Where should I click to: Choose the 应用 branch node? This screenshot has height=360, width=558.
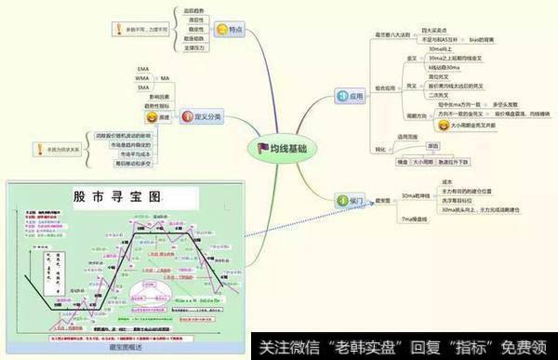click(351, 94)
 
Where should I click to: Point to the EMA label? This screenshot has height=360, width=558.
click(142, 69)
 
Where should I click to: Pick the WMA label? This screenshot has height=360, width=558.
click(142, 78)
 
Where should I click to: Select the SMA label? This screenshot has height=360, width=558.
click(142, 87)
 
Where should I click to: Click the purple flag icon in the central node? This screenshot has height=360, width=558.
click(263, 147)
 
